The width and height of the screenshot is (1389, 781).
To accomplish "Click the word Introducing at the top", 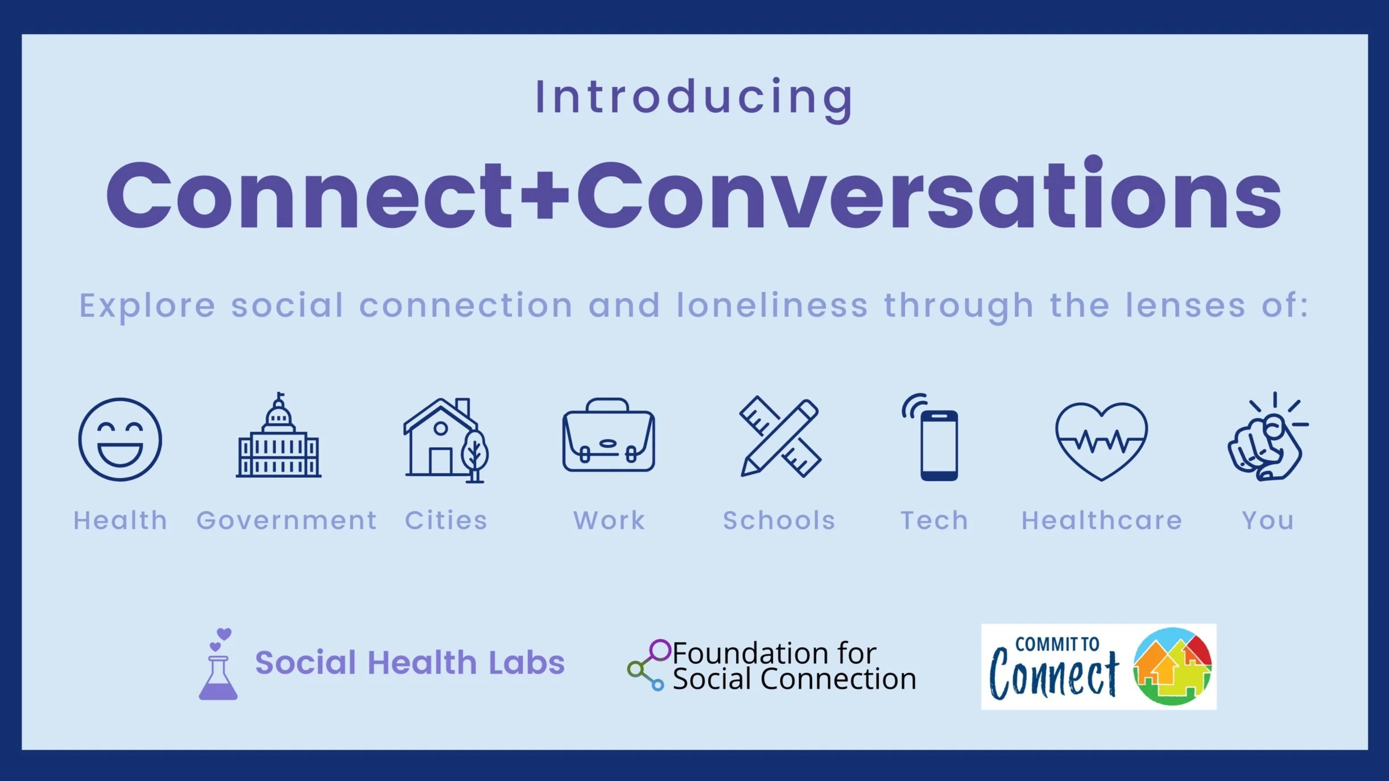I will point(694,98).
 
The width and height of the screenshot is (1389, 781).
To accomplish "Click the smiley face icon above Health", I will point(120,440).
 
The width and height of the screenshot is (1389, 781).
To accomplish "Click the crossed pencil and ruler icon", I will point(780,437).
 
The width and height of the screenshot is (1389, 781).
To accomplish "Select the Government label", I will point(286,520).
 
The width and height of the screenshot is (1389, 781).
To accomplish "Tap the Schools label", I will point(779,520).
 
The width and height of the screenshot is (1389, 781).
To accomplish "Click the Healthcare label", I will point(1102,520).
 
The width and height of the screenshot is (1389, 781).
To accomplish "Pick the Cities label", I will point(446,520).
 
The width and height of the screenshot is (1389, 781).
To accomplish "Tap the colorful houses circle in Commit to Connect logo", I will point(1172,666).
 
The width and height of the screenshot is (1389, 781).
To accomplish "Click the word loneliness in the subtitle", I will point(772,305).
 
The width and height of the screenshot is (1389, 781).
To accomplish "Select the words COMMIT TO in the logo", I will point(1057,644).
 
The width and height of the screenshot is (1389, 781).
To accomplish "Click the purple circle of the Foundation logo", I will point(660,650).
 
